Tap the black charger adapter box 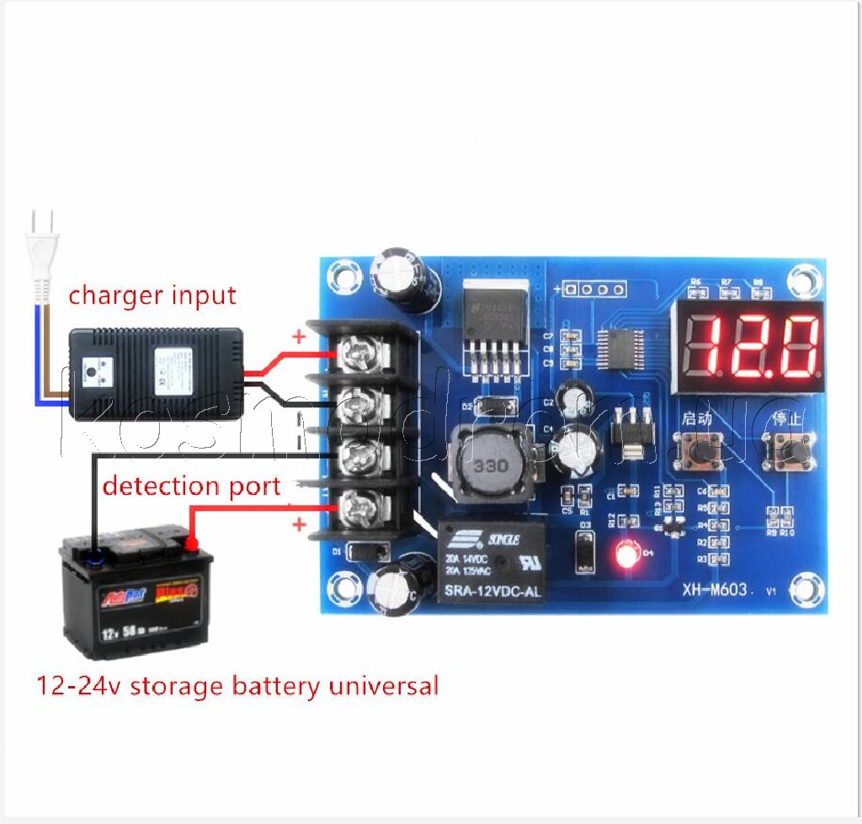coord(156,373)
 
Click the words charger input coord(152,295)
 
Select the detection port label coord(191,486)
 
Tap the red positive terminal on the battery coord(193,545)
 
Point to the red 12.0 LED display coord(747,347)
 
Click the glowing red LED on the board coord(625,555)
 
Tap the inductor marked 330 coord(488,465)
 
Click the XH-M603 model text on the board coord(715,590)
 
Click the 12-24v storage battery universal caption coord(237,685)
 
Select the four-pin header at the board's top coord(596,290)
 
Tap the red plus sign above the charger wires coord(298,338)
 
